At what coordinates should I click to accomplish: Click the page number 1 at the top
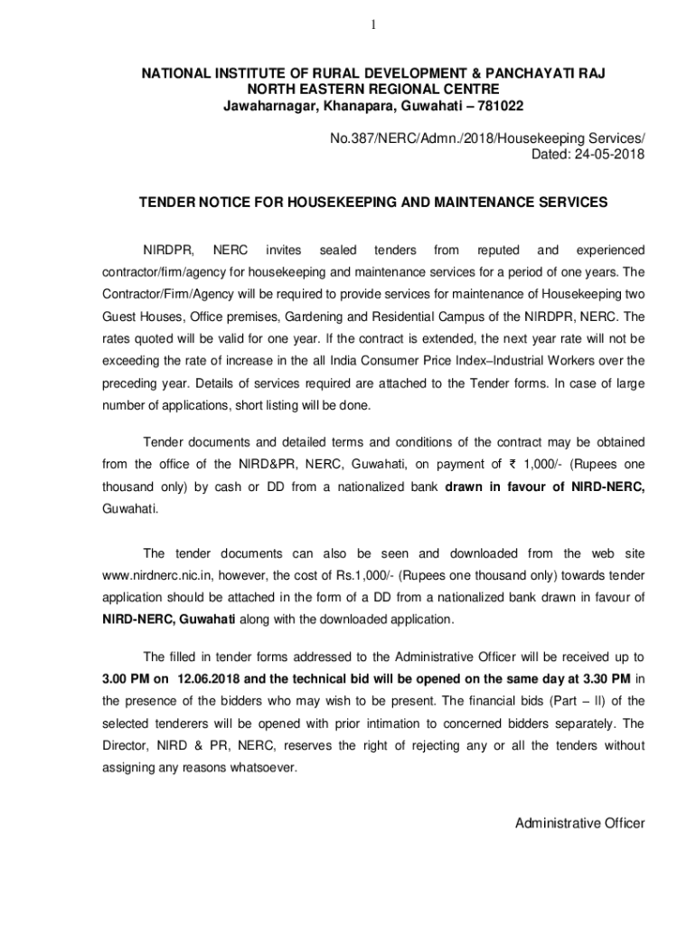tap(372, 24)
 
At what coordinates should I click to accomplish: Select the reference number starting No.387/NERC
tap(484, 137)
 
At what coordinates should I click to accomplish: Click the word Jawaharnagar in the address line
tap(267, 107)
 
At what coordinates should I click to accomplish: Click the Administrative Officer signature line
tap(579, 823)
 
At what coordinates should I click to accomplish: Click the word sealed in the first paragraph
tap(339, 250)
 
